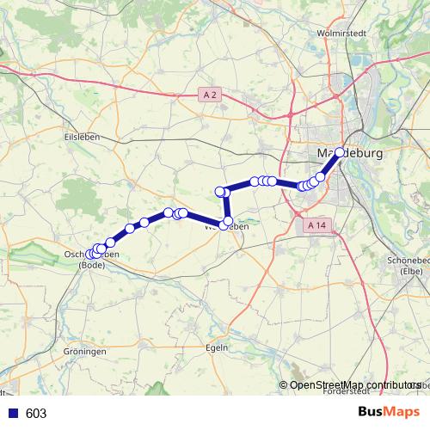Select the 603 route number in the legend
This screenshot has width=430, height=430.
coord(36,414)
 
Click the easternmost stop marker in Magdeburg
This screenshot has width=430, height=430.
coord(340,152)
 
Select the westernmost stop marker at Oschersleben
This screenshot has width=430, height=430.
coord(89,254)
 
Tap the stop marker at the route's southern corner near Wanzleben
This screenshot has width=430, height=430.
coord(226,224)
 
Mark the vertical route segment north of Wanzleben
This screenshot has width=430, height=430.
coord(225,207)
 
